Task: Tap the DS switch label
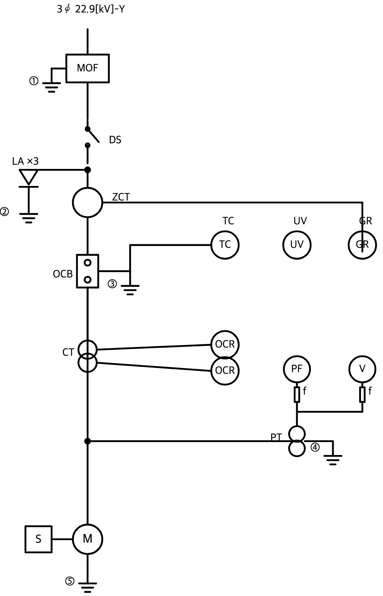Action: [x=115, y=140]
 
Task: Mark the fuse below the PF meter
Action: [x=297, y=394]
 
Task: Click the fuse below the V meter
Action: [x=362, y=394]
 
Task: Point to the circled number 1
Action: [x=34, y=81]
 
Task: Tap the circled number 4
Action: [x=315, y=447]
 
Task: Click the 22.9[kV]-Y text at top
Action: [x=100, y=9]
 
